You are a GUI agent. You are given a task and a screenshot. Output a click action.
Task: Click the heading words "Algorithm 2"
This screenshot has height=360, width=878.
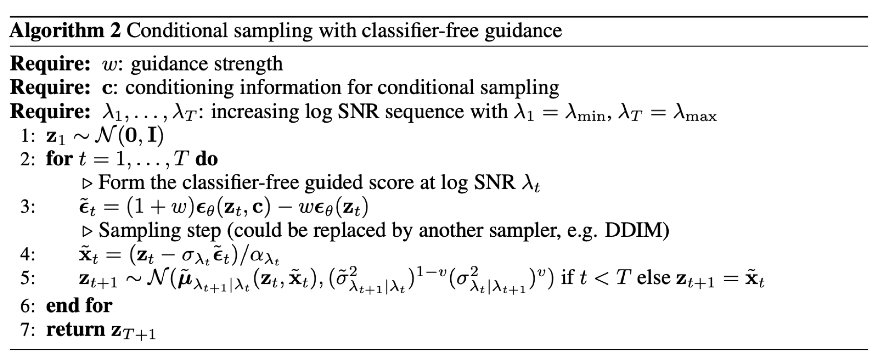click(65, 31)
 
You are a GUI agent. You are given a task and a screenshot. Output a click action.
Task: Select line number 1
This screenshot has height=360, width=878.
click(26, 136)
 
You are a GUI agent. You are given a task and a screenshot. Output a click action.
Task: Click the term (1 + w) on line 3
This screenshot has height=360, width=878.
click(156, 207)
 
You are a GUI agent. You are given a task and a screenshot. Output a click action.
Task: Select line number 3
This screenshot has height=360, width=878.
click(26, 207)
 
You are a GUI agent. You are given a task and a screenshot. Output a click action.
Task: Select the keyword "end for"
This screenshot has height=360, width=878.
click(79, 305)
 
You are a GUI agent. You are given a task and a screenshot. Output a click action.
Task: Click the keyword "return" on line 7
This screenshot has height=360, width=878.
click(76, 329)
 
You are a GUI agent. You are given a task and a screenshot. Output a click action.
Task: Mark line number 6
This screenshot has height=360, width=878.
click(26, 305)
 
